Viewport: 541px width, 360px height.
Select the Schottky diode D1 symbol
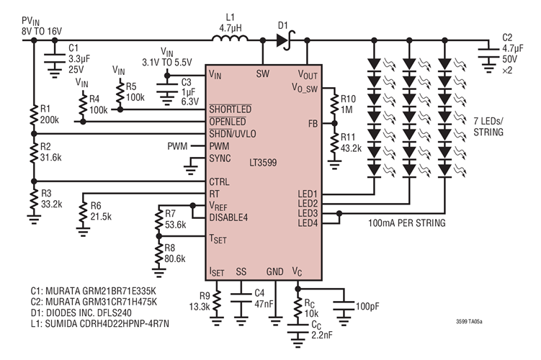(283, 40)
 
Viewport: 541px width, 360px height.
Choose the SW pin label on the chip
(263, 73)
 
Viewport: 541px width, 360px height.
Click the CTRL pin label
(220, 181)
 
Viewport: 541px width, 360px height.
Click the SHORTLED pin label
(230, 109)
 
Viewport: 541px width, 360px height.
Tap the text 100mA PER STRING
(403, 224)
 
